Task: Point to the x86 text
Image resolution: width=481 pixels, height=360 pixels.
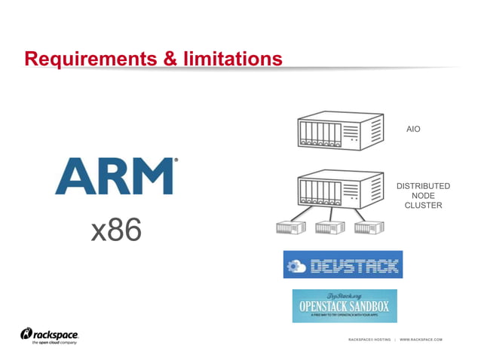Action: (116, 231)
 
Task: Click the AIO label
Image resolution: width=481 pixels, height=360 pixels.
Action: (413, 130)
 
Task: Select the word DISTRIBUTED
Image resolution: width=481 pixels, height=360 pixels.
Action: (423, 186)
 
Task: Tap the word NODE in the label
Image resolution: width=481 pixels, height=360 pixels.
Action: (423, 196)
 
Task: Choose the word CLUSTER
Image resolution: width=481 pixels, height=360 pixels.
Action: (423, 206)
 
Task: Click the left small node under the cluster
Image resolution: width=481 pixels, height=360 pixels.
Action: (286, 227)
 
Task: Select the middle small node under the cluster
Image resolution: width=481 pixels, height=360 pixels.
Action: (329, 227)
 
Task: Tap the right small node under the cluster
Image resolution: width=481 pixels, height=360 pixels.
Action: (369, 227)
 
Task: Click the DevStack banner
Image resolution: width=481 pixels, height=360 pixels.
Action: (343, 265)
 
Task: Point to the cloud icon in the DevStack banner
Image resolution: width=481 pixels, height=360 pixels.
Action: (296, 266)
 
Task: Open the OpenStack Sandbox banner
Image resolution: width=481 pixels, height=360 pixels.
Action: (345, 305)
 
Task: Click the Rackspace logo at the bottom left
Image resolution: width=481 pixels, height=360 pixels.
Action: (50, 335)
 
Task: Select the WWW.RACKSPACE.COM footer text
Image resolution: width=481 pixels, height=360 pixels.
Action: (421, 340)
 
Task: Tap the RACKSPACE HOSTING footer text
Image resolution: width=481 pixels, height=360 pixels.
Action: (369, 340)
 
